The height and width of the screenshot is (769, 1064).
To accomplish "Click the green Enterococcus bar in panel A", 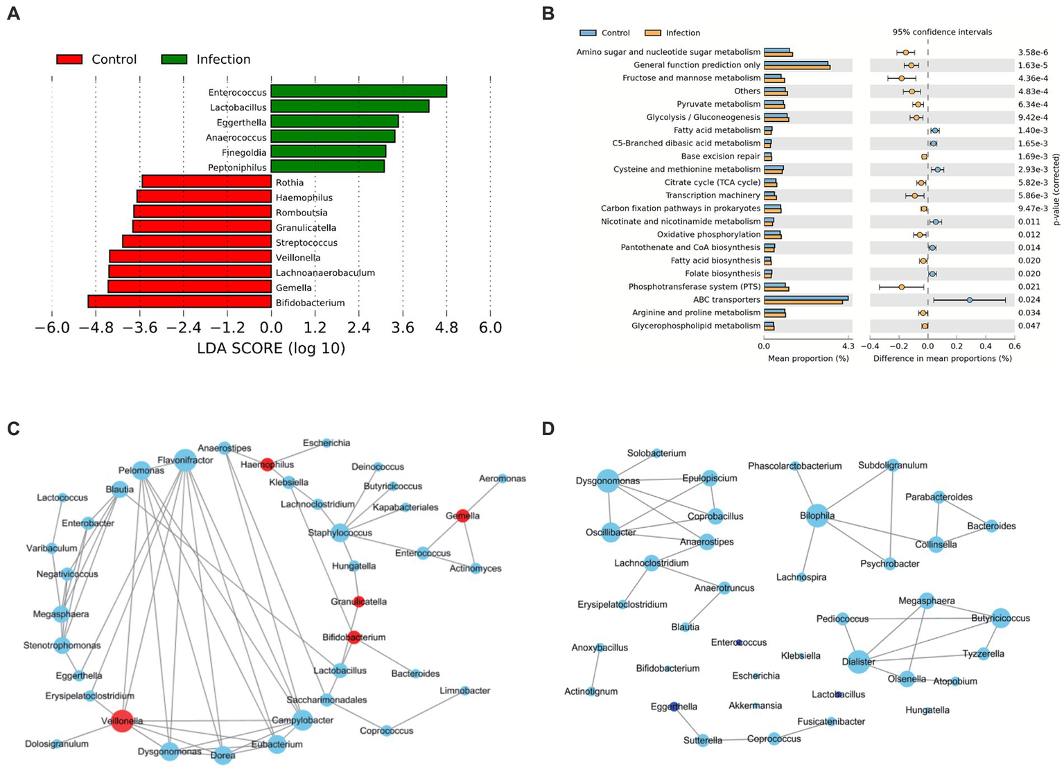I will [x=358, y=91].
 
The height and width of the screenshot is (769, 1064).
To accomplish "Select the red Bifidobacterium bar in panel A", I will [x=179, y=301].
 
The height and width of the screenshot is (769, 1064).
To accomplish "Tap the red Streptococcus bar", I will [x=196, y=241].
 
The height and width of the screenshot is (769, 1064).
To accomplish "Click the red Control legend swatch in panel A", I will [x=69, y=60].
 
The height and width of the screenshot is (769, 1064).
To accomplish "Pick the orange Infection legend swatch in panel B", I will [x=652, y=33].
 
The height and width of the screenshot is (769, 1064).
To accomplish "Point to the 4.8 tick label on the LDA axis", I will [x=446, y=327].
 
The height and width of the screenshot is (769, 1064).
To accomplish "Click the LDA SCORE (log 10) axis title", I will [x=271, y=348].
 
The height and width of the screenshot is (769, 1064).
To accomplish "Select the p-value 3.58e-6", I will [x=1032, y=52].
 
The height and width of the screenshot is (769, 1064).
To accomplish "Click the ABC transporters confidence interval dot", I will [x=969, y=300].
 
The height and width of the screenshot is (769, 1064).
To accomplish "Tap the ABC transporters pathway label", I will [x=726, y=300].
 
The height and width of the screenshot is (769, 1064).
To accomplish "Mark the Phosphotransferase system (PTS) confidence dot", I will [x=901, y=287].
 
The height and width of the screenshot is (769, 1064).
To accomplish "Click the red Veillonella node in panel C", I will [x=122, y=721].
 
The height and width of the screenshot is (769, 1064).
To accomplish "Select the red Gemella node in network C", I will [x=462, y=515].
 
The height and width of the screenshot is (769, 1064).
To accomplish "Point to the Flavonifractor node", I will [x=184, y=460].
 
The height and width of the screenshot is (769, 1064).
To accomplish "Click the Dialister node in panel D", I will [x=858, y=662].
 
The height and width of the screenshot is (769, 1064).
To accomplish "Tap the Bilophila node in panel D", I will [x=817, y=515].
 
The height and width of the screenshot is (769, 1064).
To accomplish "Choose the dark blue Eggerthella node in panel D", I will [x=674, y=707].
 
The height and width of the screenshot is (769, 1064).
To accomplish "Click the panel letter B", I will [x=548, y=13].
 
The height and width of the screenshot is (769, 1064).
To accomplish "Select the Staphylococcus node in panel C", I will [x=340, y=533].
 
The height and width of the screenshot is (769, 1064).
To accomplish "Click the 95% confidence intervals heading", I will [x=941, y=32].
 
